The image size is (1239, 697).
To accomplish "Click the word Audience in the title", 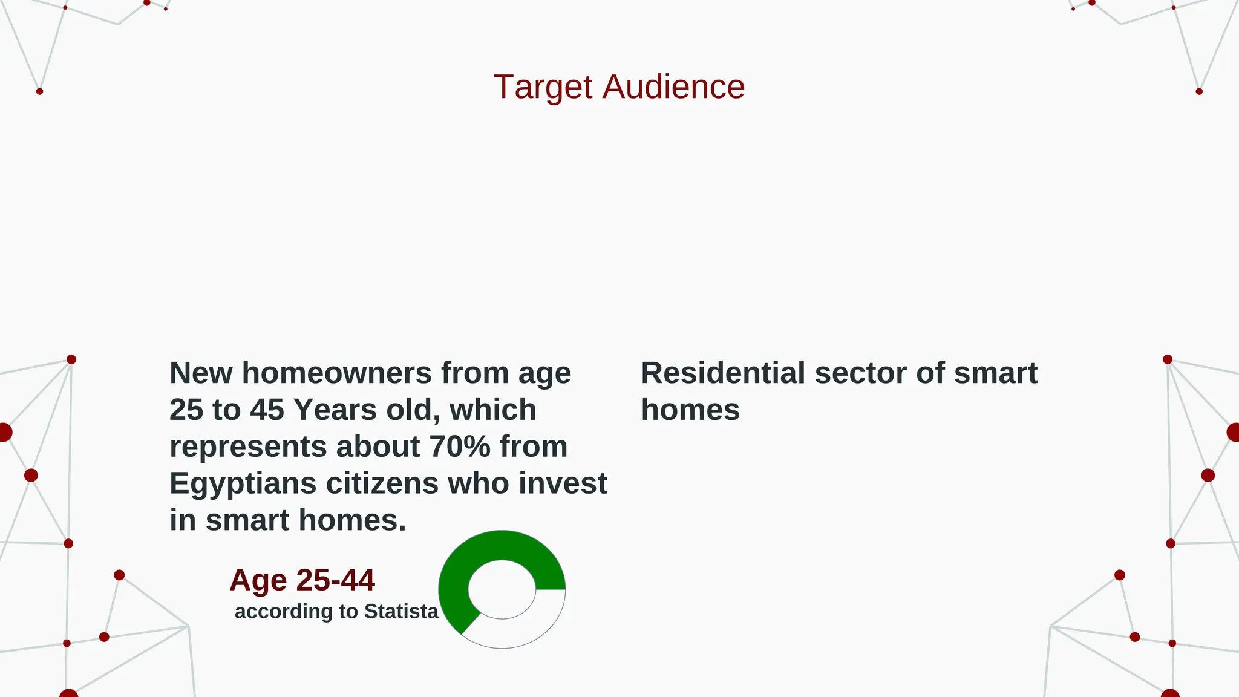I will [673, 87].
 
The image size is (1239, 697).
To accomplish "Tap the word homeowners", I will [336, 373].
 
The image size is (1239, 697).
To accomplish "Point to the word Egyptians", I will [243, 484].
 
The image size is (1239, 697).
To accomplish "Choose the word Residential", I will [723, 373].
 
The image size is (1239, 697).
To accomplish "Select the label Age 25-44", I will [302, 580].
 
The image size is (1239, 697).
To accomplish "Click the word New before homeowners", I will [201, 373].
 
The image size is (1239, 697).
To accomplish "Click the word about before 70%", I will [378, 447].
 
